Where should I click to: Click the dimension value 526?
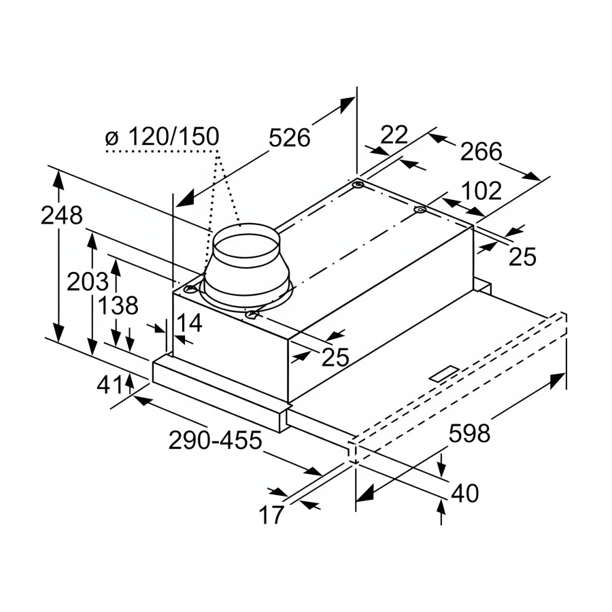pos(289,138)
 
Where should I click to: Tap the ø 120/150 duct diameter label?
pos(163,137)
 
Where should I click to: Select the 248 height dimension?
pos(61,216)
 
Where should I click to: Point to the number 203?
pos(88,281)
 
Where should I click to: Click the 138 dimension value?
pos(118,305)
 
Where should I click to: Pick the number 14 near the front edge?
pos(190,322)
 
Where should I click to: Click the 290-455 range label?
pos(215,441)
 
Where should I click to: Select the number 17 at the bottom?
pos(271,515)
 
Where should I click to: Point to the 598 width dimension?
pos(469,433)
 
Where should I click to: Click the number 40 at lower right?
pos(464,494)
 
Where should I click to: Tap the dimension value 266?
pos(481,151)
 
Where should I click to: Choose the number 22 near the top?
pos(394,135)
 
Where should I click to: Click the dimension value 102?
pos(481,190)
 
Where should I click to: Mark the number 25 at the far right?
pos(523,256)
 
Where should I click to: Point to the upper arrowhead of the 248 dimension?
pos(60,179)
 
